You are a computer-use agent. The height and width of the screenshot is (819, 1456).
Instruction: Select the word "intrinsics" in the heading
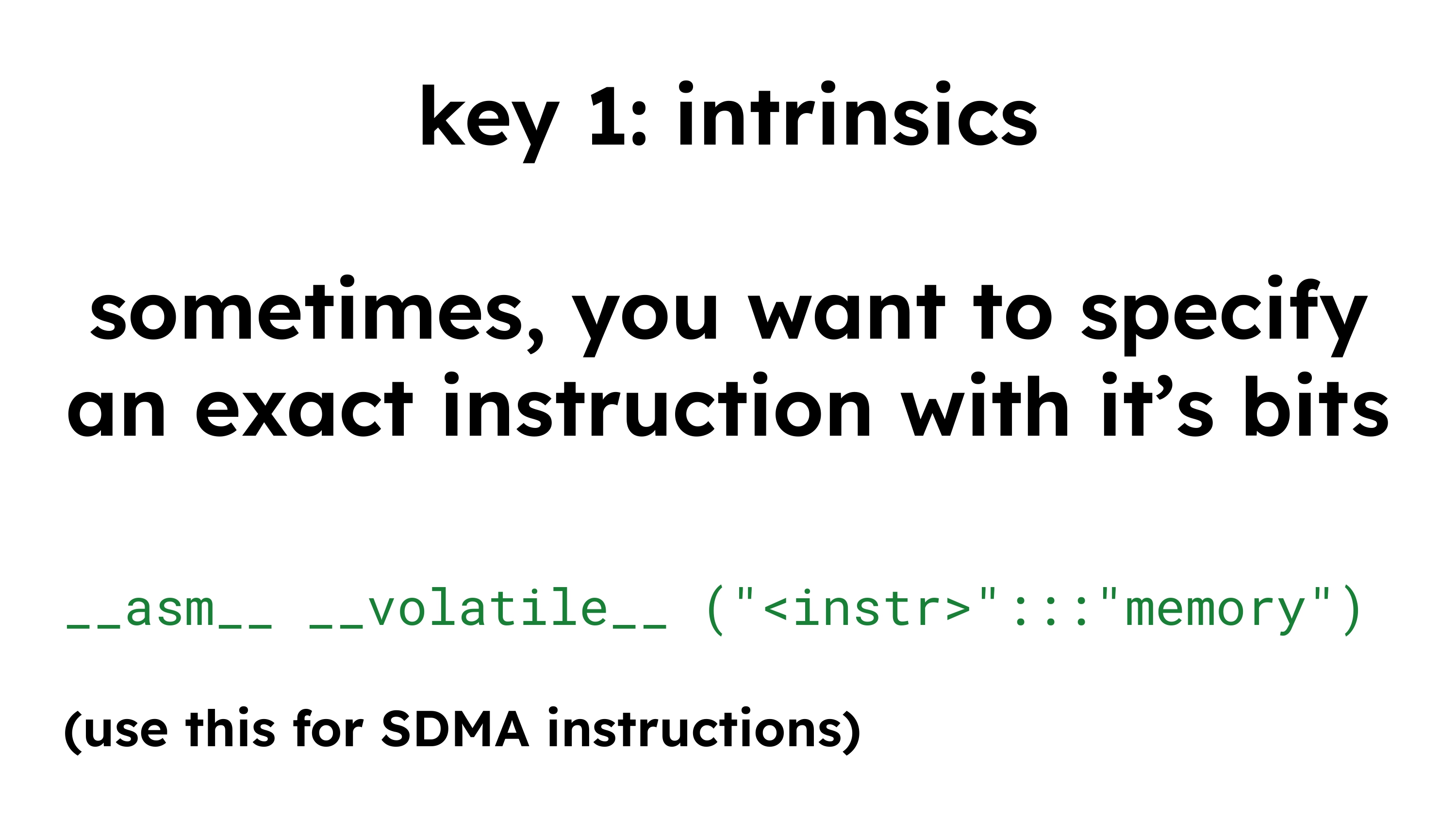pyautogui.click(x=858, y=114)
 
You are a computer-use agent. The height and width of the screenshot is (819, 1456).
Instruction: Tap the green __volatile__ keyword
pyautogui.click(x=488, y=607)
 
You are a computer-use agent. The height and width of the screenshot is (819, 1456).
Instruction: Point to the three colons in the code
pyautogui.click(x=1051, y=614)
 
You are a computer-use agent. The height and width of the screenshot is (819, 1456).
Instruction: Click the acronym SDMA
pyautogui.click(x=456, y=730)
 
